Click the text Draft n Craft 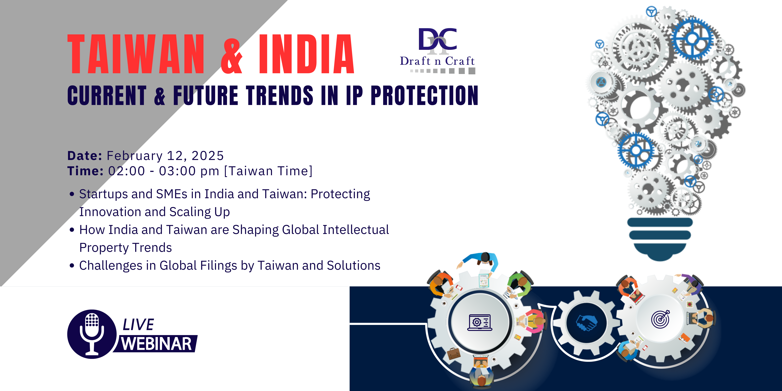[x=437, y=61]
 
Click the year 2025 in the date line [x=208, y=156]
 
